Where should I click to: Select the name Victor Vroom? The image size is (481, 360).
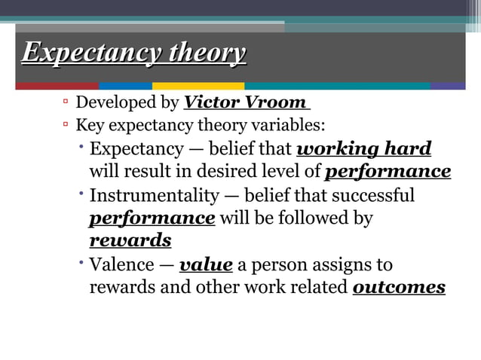point(245,102)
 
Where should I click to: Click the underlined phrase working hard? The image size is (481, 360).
point(365,148)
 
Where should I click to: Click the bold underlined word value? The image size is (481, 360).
point(206,265)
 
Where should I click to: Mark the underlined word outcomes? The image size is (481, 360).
point(399,288)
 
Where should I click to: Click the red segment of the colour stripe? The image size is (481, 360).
point(57,86)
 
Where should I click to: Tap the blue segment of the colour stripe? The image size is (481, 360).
point(125,86)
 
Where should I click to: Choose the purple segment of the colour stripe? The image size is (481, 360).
point(448,86)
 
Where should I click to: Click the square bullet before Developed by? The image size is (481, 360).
point(66,101)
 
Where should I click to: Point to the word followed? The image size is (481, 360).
point(320,218)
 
